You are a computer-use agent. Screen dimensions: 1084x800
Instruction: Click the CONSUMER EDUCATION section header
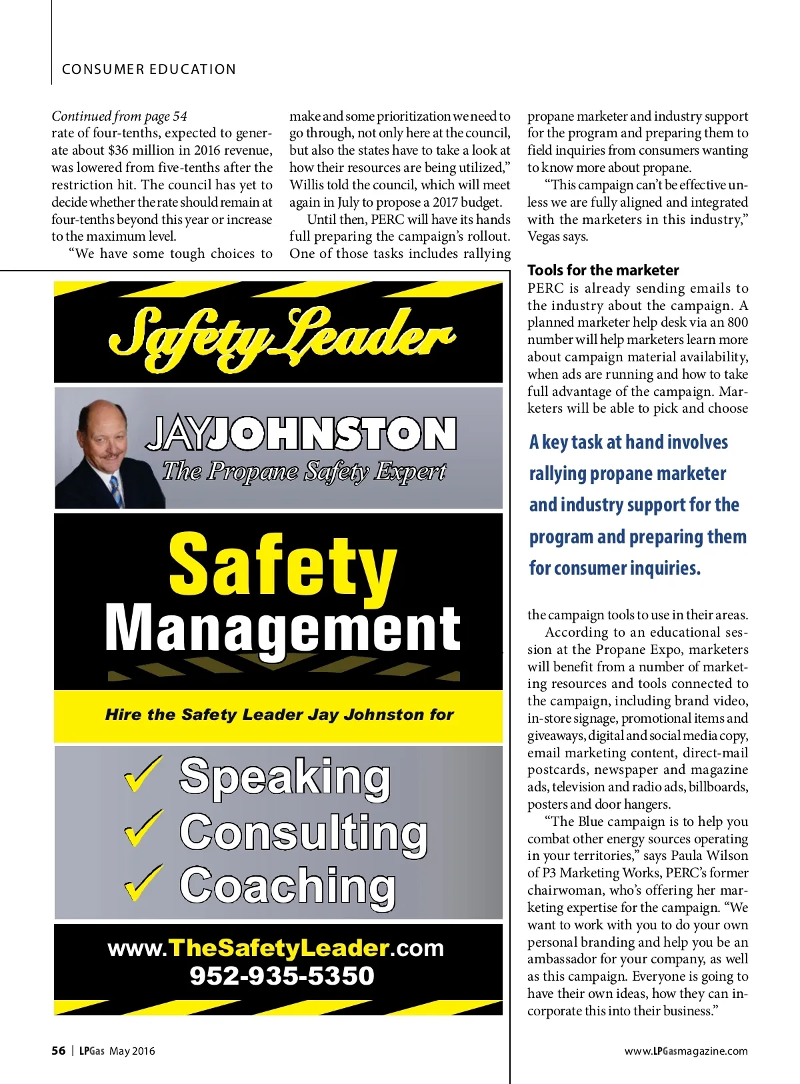[x=149, y=69]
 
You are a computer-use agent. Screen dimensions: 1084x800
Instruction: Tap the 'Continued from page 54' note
[x=119, y=116]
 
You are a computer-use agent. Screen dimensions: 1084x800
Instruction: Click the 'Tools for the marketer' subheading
[x=603, y=270]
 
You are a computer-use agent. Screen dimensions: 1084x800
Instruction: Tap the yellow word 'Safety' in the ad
[x=283, y=565]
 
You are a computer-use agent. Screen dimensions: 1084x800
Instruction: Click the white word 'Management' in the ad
[x=283, y=629]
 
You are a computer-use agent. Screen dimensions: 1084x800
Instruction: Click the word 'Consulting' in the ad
[x=303, y=832]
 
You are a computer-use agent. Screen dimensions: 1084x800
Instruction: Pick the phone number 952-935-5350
[x=282, y=976]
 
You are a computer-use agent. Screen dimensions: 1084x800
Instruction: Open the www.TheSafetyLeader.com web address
[x=275, y=948]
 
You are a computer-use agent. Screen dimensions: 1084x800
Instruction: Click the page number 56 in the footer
[x=59, y=1051]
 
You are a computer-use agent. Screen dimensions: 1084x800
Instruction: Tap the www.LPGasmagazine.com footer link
[x=686, y=1051]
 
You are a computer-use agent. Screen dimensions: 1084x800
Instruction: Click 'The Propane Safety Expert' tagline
[x=304, y=471]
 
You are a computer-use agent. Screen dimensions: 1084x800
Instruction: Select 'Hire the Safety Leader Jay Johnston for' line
[x=279, y=715]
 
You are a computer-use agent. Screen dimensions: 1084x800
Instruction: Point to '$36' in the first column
[x=118, y=151]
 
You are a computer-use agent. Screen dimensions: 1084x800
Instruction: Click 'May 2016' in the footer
[x=132, y=1051]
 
